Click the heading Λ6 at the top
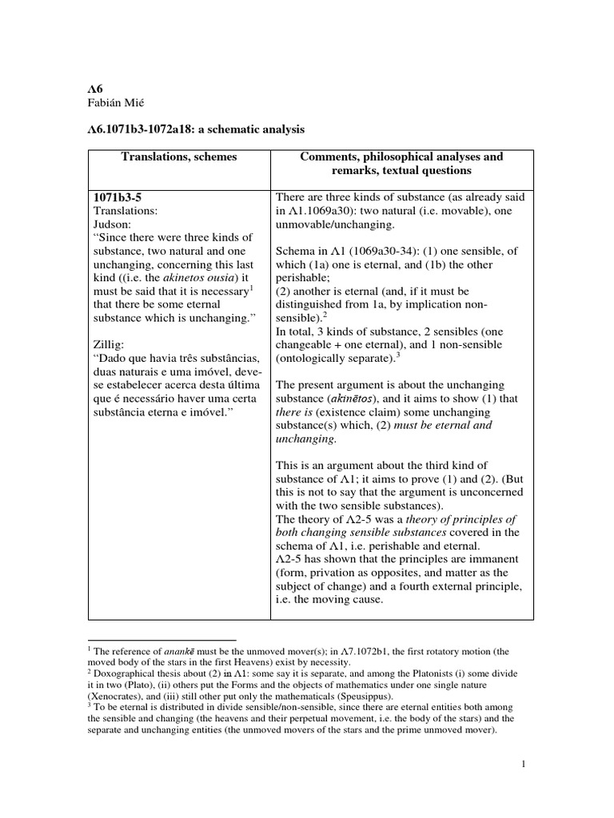point(95,90)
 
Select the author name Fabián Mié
point(119,105)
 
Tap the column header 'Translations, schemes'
point(179,157)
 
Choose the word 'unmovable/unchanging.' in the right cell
point(331,224)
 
